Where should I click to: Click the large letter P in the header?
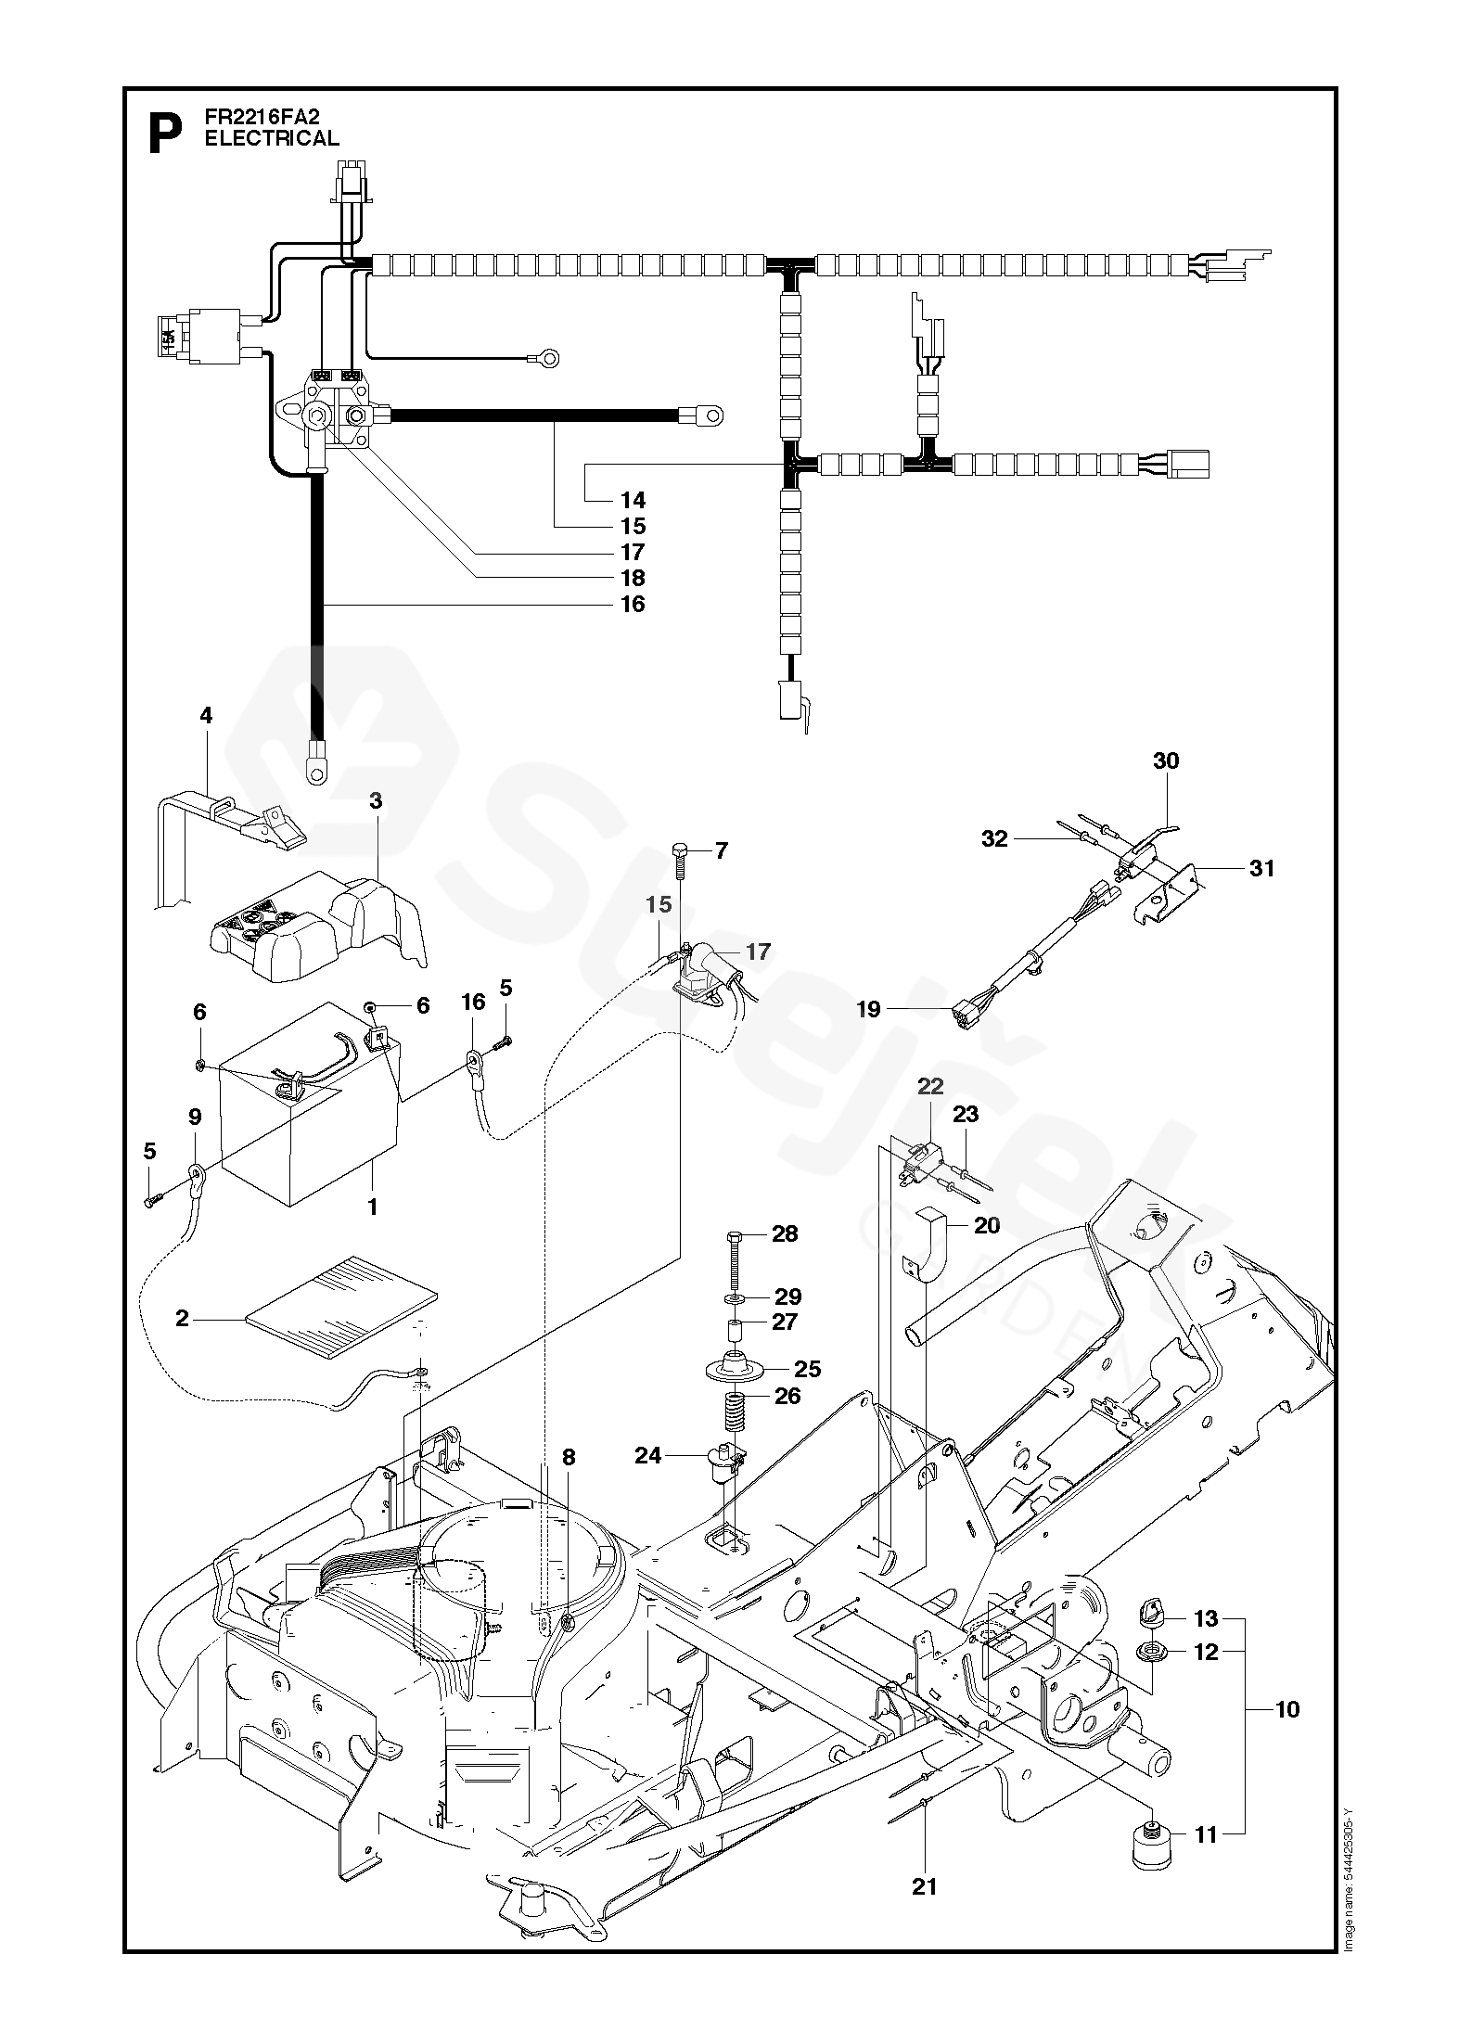tap(165, 135)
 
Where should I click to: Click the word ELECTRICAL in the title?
tap(272, 138)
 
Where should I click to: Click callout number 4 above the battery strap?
tap(206, 716)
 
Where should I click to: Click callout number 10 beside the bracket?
tap(1287, 1708)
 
